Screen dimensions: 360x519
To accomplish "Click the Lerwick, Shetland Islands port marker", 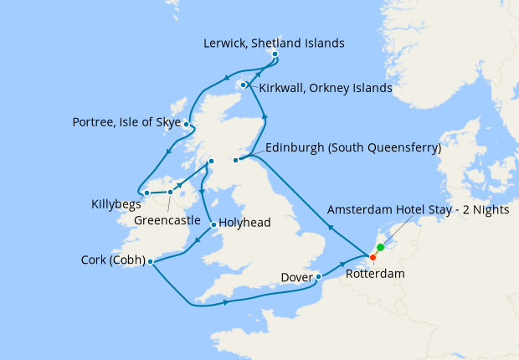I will [275, 56].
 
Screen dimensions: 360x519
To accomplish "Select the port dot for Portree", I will [187, 126].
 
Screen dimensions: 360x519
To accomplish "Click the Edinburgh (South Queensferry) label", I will [352, 148].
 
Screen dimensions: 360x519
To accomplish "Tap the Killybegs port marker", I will [146, 193].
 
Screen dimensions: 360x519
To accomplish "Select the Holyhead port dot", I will [213, 224].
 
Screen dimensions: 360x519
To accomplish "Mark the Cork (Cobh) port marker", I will [150, 262].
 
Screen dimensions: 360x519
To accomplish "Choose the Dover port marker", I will [318, 276].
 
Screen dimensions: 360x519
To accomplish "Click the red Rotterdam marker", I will [373, 256].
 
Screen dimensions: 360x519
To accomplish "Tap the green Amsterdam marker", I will [380, 247].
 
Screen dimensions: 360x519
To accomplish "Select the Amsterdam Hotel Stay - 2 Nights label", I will [418, 210].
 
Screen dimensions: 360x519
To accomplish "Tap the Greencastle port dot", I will [170, 192].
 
